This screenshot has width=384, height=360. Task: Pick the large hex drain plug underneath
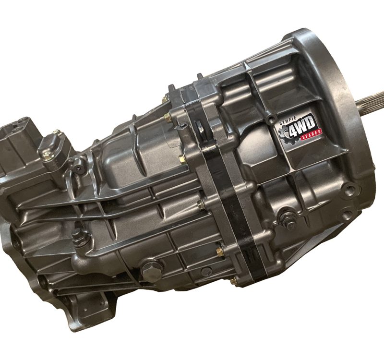click(x=151, y=271)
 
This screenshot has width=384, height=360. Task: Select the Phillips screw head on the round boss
click(x=79, y=169)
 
